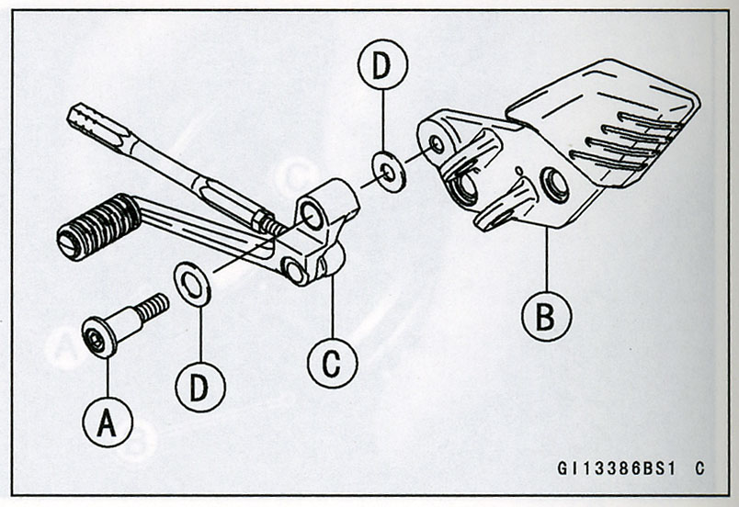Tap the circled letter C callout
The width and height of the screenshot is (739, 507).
pyautogui.click(x=332, y=363)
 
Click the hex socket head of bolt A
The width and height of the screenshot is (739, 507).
pyautogui.click(x=96, y=338)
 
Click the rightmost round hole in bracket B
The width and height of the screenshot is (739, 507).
pyautogui.click(x=554, y=185)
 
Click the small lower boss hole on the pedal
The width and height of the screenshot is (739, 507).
pyautogui.click(x=295, y=269)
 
